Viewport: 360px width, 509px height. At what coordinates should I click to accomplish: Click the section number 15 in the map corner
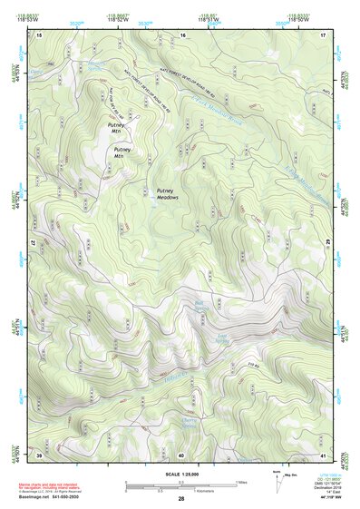(39, 34)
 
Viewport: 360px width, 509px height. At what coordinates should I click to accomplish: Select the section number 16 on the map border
(182, 34)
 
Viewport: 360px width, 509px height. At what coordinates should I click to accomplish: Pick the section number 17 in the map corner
(324, 34)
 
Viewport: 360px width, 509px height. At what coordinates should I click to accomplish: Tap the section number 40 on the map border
(181, 454)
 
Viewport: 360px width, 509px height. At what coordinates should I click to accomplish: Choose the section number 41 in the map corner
(324, 454)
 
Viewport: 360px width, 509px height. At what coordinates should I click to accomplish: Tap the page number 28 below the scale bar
(181, 500)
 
